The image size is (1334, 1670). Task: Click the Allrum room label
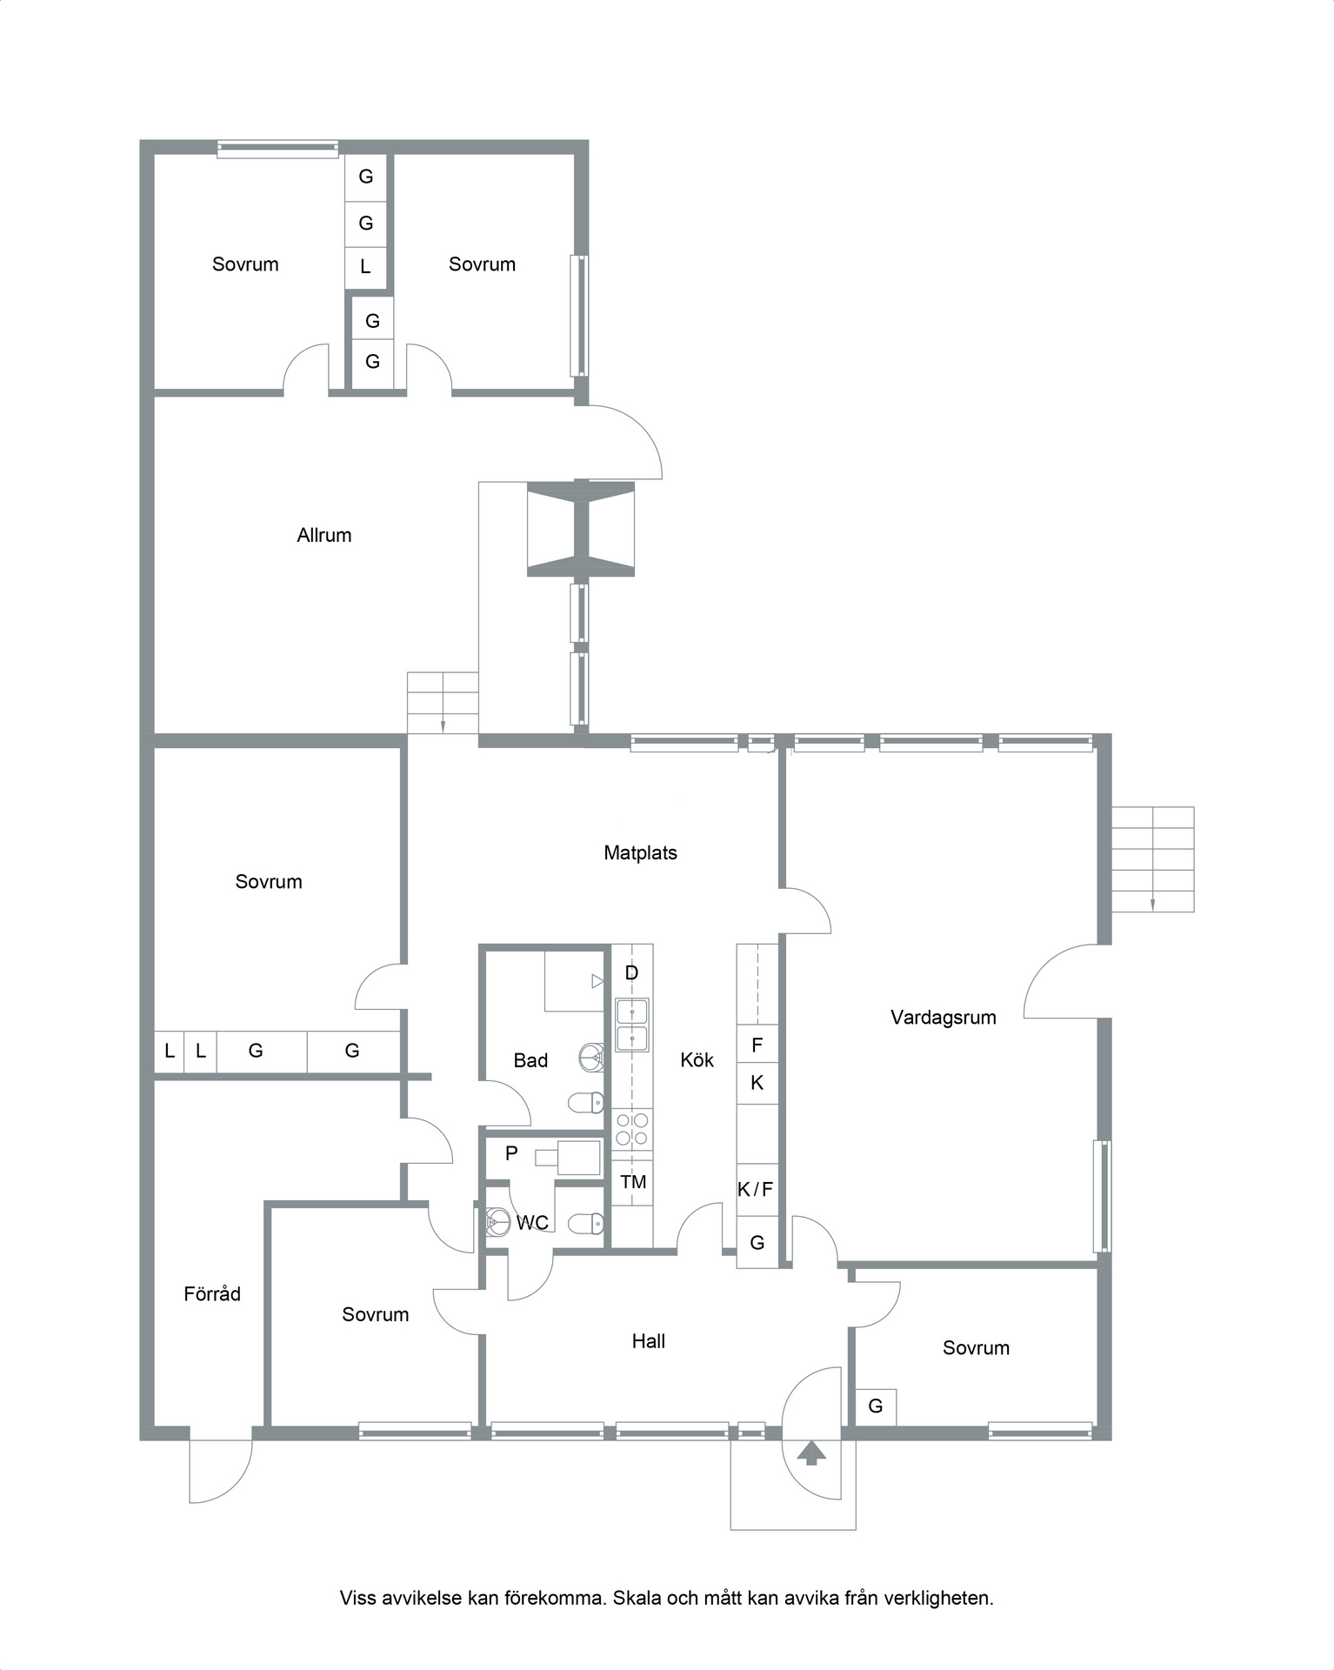click(324, 535)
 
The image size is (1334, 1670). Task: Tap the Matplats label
click(640, 853)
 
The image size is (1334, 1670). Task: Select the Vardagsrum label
click(944, 1018)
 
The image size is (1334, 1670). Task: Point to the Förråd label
click(212, 1293)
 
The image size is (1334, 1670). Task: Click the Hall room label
click(649, 1341)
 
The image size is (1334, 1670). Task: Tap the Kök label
click(697, 1059)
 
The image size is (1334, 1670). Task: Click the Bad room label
click(530, 1060)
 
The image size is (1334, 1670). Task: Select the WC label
click(532, 1223)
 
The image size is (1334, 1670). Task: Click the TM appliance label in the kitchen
click(633, 1182)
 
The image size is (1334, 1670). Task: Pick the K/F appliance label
click(755, 1189)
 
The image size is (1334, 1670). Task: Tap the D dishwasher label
click(632, 973)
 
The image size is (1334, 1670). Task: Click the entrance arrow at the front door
click(811, 1453)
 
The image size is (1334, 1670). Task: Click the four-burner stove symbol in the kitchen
click(632, 1129)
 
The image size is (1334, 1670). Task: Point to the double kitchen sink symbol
click(632, 1025)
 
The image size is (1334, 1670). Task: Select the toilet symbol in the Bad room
click(586, 1103)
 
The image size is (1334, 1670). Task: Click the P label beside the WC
click(511, 1153)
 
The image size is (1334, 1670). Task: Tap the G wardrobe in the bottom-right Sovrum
click(876, 1406)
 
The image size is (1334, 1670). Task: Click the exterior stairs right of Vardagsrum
click(1153, 859)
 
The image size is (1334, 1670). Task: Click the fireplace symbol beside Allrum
click(581, 530)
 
